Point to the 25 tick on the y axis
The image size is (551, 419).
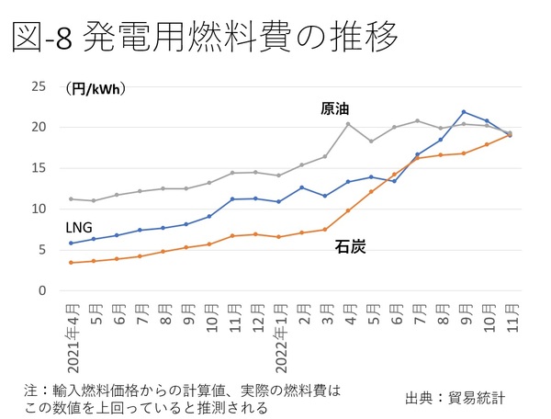[39, 86]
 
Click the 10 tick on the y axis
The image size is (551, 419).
[39, 209]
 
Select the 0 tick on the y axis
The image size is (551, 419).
[42, 290]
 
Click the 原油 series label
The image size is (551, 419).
[334, 108]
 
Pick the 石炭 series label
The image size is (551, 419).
[348, 246]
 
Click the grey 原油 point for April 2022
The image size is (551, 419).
[348, 124]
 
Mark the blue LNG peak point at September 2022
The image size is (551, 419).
[464, 112]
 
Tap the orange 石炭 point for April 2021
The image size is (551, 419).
[71, 263]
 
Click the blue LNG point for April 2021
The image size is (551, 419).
[71, 243]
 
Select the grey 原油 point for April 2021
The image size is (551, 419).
[71, 199]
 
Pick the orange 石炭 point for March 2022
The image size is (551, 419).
[325, 230]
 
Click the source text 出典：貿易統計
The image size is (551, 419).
[455, 398]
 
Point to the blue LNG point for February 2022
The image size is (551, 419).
[302, 187]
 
